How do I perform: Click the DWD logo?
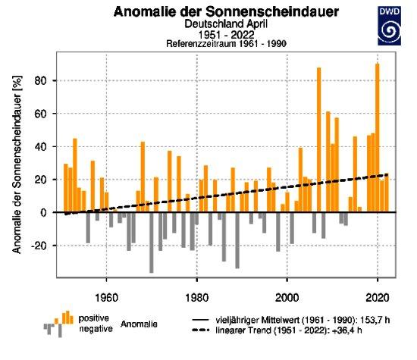click(390, 26)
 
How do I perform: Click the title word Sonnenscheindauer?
click(272, 11)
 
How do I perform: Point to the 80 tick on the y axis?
click(43, 80)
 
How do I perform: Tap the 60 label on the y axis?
click(43, 114)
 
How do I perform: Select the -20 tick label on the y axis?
click(40, 246)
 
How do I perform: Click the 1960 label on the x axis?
click(106, 298)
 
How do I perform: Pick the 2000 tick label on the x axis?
click(287, 298)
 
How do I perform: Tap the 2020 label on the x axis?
click(378, 298)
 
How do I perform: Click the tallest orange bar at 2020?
click(378, 138)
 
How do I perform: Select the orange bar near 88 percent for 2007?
click(318, 140)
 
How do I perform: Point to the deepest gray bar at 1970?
click(152, 243)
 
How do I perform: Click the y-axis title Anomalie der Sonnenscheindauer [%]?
click(17, 164)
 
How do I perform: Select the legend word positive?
click(93, 318)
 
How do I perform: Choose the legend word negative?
click(96, 329)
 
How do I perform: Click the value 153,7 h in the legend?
click(375, 320)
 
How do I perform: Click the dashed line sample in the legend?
click(201, 330)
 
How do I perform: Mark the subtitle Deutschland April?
click(226, 24)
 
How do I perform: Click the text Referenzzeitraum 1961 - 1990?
click(227, 44)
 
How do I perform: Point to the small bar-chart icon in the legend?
click(58, 324)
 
